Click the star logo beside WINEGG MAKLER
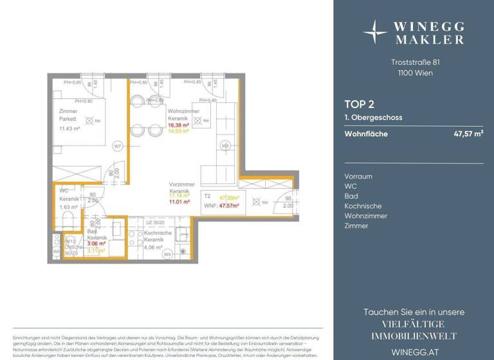375,31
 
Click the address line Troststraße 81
415,62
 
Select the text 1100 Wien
415,73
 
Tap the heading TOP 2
360,104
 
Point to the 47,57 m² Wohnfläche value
468,134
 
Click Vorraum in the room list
358,176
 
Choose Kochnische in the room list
363,206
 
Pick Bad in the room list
351,196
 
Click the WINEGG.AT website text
414,351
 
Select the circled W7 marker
118,146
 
